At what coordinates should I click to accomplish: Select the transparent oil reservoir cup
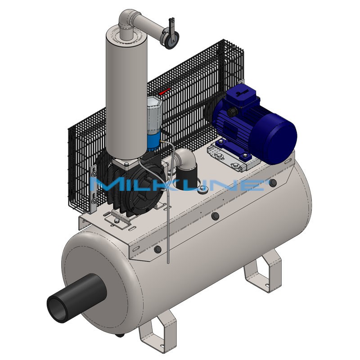[154, 115]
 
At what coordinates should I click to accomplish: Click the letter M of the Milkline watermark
[104, 184]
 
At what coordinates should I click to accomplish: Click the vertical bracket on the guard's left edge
[94, 189]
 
